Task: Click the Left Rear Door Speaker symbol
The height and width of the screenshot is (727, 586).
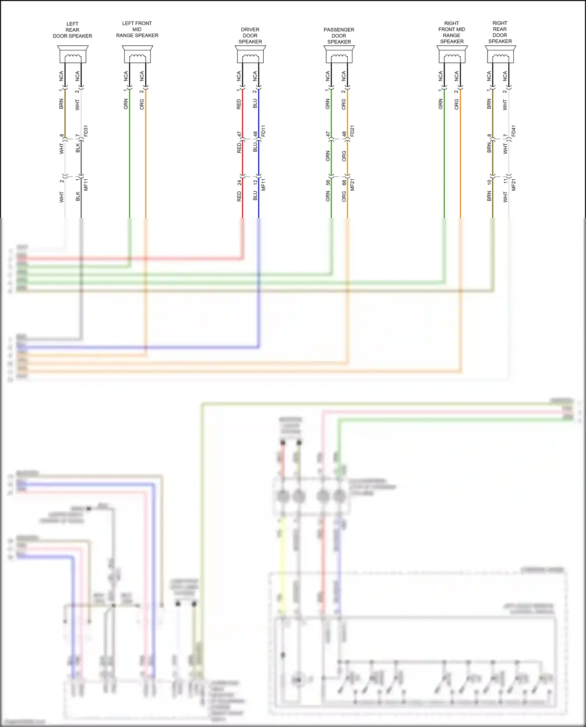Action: tap(73, 54)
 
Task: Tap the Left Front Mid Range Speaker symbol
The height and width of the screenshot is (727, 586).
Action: tap(137, 54)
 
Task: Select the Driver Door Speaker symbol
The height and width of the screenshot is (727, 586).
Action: tap(250, 54)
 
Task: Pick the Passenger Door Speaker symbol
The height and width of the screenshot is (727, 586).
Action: tap(339, 54)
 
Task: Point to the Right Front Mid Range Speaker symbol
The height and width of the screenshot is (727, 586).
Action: tap(452, 54)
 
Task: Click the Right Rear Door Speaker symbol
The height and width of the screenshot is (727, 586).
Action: tap(500, 54)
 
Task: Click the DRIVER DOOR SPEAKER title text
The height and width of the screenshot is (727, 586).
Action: tap(250, 36)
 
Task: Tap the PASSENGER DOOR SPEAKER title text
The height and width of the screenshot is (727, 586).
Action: tap(339, 36)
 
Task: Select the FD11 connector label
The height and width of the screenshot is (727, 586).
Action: tap(263, 131)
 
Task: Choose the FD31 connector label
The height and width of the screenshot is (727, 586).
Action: tap(86, 131)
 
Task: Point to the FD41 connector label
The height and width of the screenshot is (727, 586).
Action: tap(514, 131)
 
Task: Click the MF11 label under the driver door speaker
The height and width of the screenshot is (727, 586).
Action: tap(263, 185)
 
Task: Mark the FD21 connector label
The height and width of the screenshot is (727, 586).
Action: tap(352, 131)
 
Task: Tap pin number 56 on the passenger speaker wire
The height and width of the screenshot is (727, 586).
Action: tap(328, 182)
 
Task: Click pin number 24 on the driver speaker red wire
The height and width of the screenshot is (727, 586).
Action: tap(239, 182)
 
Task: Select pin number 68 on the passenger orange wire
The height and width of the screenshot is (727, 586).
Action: tap(344, 182)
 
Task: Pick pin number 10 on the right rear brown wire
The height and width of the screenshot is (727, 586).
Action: tap(489, 182)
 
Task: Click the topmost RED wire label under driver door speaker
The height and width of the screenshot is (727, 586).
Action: tap(239, 104)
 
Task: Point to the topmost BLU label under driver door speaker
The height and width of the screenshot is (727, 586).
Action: tap(255, 104)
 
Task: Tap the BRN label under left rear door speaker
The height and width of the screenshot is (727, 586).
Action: tap(61, 104)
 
